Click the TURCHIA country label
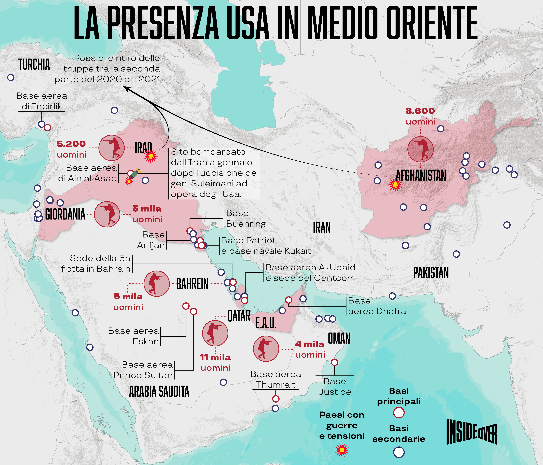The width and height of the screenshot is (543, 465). click(34, 65)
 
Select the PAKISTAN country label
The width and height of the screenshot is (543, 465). click(431, 273)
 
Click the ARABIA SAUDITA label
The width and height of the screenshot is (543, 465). click(159, 392)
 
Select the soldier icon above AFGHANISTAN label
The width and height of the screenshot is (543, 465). click(420, 149)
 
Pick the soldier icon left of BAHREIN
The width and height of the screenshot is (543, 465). click(156, 284)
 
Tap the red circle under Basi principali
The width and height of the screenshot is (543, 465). click(399, 413)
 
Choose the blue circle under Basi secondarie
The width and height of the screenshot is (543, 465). click(399, 452)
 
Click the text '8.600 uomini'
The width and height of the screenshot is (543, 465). click(420, 116)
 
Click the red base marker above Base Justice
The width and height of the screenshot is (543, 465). click(334, 362)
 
